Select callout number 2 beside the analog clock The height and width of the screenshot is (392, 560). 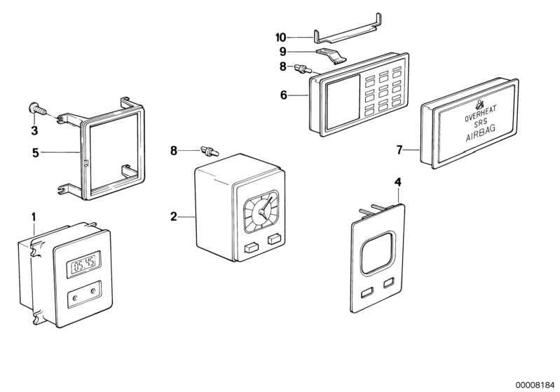pos(173,217)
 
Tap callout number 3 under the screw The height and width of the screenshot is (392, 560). pos(34,130)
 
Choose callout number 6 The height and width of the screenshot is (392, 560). pos(283,94)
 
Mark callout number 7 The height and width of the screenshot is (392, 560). pos(399,150)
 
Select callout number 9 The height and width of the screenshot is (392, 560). pos(282,52)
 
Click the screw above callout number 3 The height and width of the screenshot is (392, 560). pos(36,109)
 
